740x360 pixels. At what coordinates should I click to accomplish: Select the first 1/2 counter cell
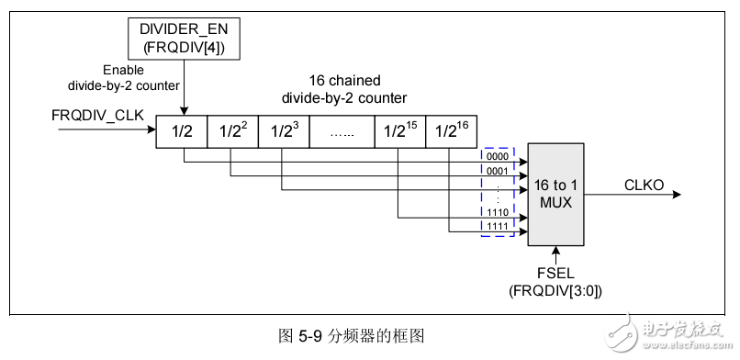[182, 131]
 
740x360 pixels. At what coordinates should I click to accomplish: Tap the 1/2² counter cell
[232, 131]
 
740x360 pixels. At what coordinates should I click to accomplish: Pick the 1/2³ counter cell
[284, 131]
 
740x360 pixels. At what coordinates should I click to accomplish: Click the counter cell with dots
[342, 131]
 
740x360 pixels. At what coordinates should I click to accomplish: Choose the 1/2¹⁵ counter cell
[399, 131]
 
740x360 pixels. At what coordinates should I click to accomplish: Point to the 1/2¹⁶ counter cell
[451, 131]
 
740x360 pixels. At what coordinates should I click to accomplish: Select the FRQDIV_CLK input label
[100, 117]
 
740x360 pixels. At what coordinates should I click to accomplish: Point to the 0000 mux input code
[497, 155]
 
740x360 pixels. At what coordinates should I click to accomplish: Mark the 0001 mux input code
[497, 170]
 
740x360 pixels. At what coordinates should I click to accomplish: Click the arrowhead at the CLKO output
[676, 194]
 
